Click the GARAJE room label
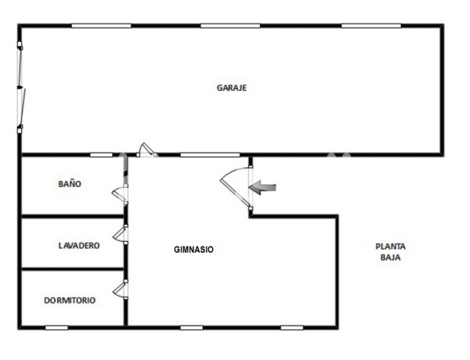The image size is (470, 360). tap(232, 88)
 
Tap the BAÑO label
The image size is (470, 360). tap(70, 185)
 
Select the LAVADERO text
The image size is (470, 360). tap(79, 246)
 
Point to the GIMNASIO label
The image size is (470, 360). tap(193, 250)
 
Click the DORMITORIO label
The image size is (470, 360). tap(70, 300)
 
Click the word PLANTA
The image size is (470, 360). tap(390, 246)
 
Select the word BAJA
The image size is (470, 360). tap(390, 257)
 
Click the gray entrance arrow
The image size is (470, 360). tap(262, 186)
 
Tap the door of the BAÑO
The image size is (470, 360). tap(120, 193)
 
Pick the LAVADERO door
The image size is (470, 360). tap(120, 234)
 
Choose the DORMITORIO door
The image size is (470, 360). tap(120, 290)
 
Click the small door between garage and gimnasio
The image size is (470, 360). tap(145, 149)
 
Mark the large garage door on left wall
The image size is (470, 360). tap(21, 88)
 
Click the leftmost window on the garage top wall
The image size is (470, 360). tap(101, 26)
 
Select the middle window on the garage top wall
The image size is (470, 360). tap(230, 26)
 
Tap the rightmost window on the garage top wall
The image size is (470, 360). tap(371, 26)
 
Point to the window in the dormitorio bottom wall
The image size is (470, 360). tap(56, 327)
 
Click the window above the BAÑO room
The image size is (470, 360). tap(101, 155)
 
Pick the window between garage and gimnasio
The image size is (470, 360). tap(209, 155)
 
